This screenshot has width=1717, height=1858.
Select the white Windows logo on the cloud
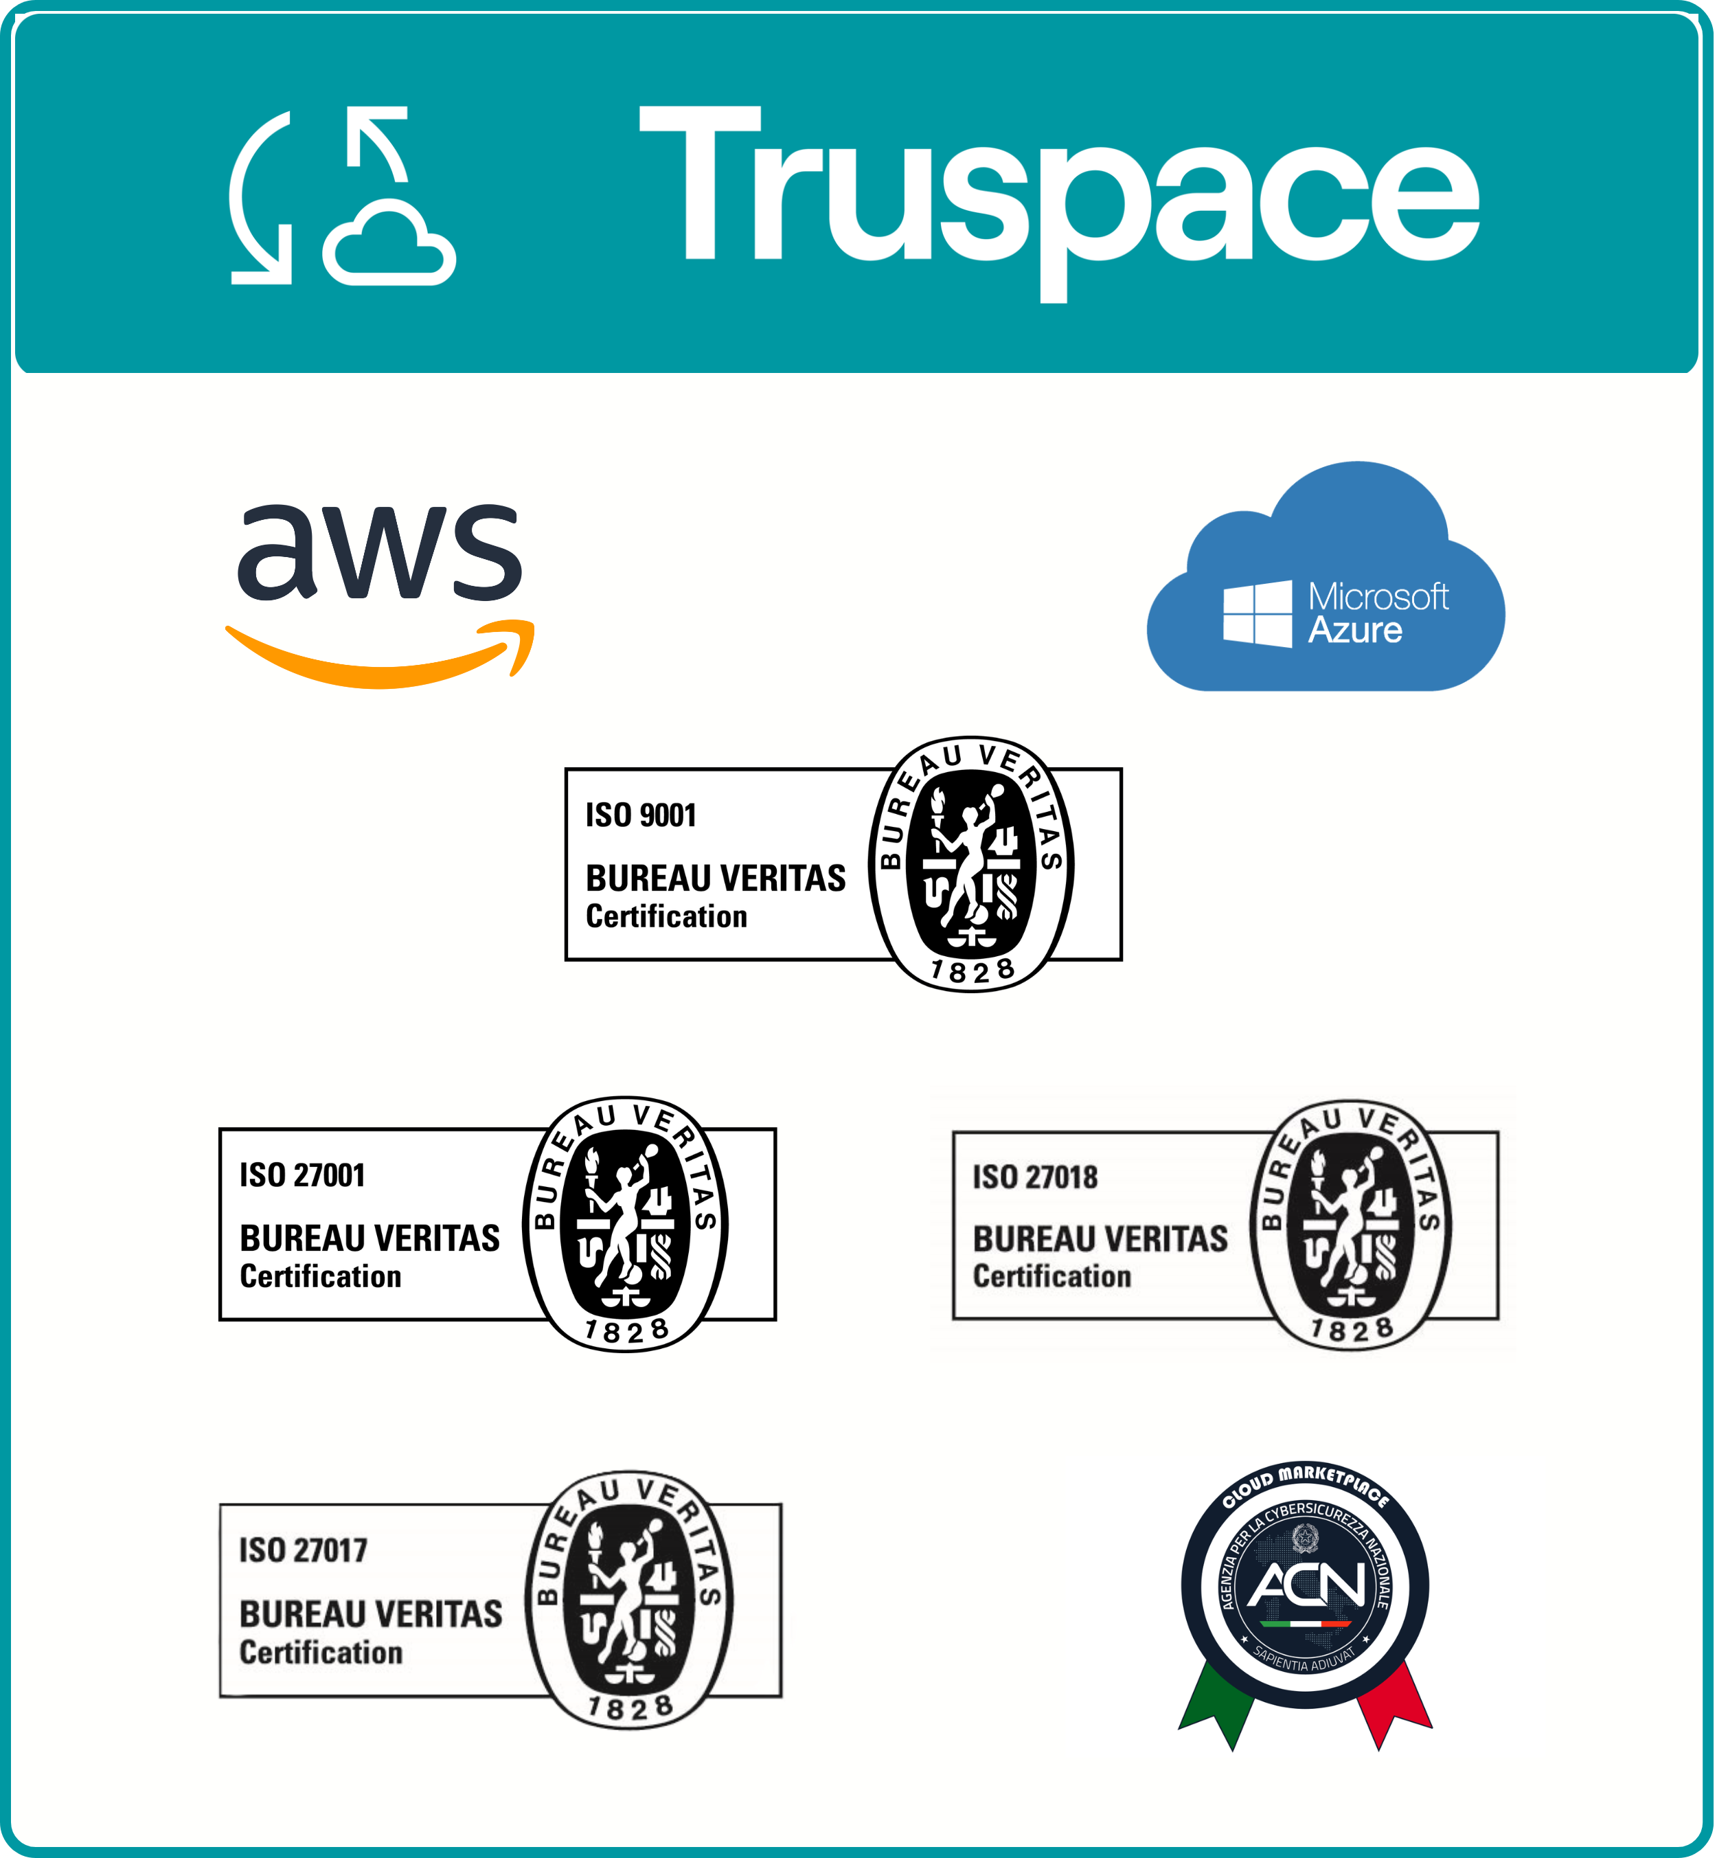tap(1257, 613)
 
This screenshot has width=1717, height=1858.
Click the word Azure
tap(1354, 631)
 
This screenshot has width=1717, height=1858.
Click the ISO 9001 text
tap(641, 815)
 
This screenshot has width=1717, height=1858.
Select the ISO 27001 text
tap(302, 1175)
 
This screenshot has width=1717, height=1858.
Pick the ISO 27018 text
tap(1035, 1177)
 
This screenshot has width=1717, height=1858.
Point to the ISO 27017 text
tap(303, 1550)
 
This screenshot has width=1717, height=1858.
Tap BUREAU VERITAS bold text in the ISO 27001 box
tap(369, 1238)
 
